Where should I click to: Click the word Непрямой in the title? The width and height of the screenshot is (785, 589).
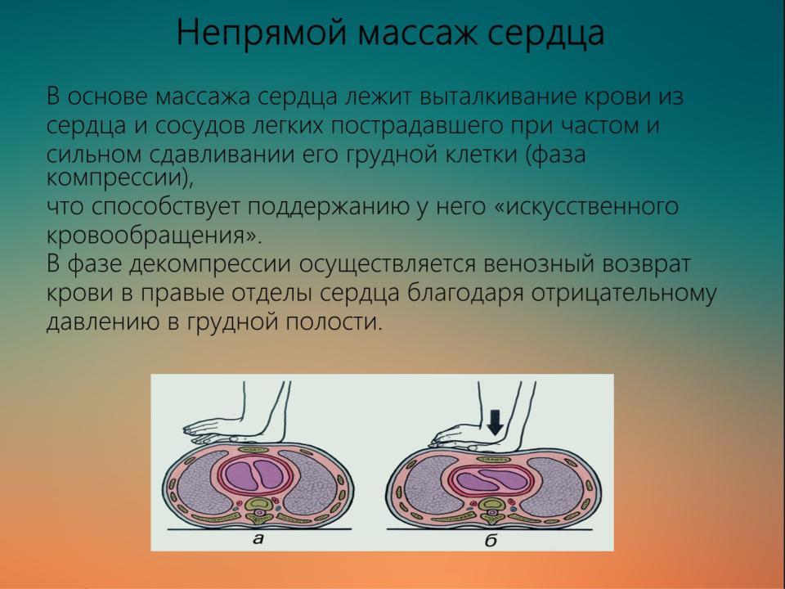click(x=262, y=33)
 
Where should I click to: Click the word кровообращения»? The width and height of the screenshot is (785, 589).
click(x=154, y=236)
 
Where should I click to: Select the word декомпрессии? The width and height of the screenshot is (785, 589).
click(x=210, y=265)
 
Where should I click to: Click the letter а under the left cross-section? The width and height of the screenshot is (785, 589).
click(x=258, y=539)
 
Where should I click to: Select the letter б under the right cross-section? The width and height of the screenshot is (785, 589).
click(x=491, y=539)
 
